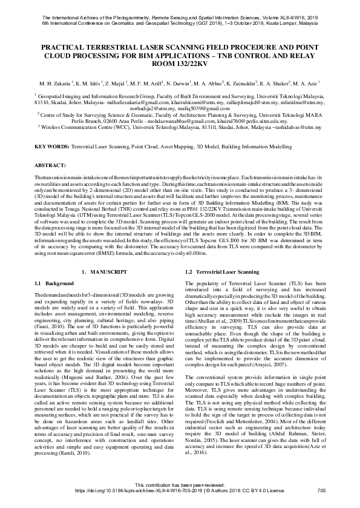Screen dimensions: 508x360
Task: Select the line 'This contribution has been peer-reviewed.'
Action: pos(180,484)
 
